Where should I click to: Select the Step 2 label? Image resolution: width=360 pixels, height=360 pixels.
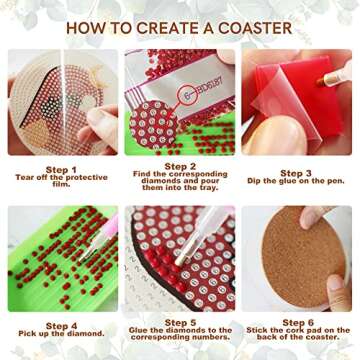click(180, 165)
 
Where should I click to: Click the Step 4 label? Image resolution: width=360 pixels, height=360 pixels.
click(62, 325)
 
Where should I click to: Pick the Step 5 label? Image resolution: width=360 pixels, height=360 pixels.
click(180, 322)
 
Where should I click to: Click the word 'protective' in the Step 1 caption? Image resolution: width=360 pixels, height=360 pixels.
click(85, 181)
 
